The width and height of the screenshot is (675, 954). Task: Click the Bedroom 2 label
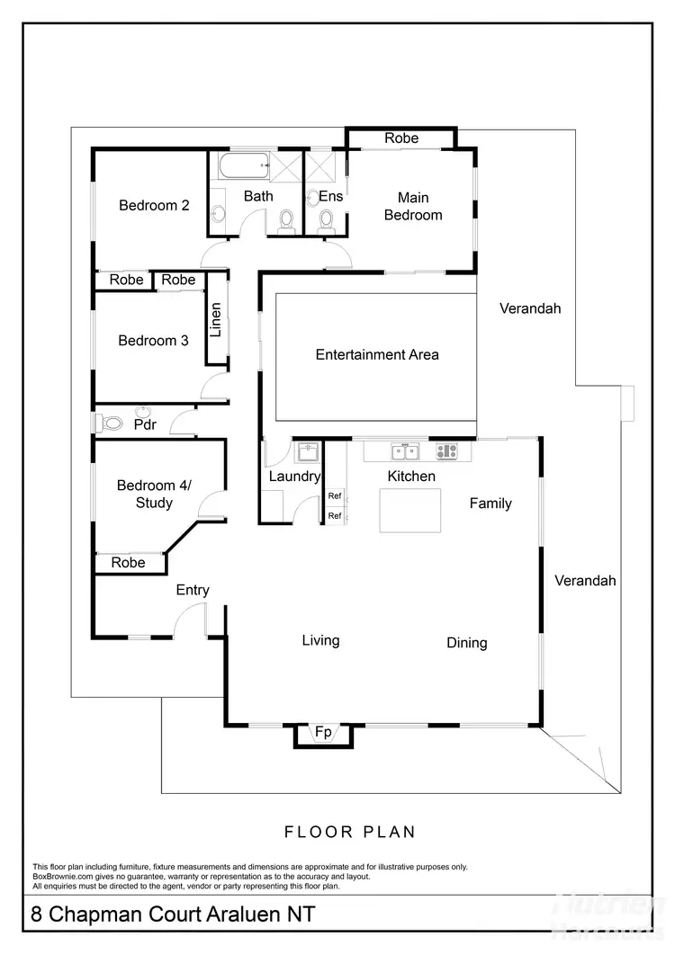click(x=154, y=205)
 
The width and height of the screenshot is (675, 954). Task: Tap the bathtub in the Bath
click(x=241, y=165)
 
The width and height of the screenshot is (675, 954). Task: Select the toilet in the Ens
click(x=326, y=219)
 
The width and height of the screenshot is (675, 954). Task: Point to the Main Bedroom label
click(x=413, y=206)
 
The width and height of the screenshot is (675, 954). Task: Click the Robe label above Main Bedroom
click(x=401, y=138)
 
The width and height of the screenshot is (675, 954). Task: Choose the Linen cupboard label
click(x=215, y=318)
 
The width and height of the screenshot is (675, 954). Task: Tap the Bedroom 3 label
click(x=153, y=341)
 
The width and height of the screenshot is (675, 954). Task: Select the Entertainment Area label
click(x=377, y=354)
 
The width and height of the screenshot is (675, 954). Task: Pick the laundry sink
click(x=308, y=451)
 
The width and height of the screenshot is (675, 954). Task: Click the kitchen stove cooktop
click(x=447, y=451)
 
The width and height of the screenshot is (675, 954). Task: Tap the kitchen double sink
click(x=404, y=451)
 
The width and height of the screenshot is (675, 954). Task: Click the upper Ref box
click(x=335, y=495)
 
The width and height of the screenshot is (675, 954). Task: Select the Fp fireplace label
click(x=323, y=734)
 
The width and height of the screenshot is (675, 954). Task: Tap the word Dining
click(x=467, y=643)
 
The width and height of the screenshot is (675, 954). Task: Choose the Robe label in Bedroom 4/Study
click(x=128, y=563)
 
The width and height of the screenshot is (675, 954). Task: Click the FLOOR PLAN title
click(x=350, y=832)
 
